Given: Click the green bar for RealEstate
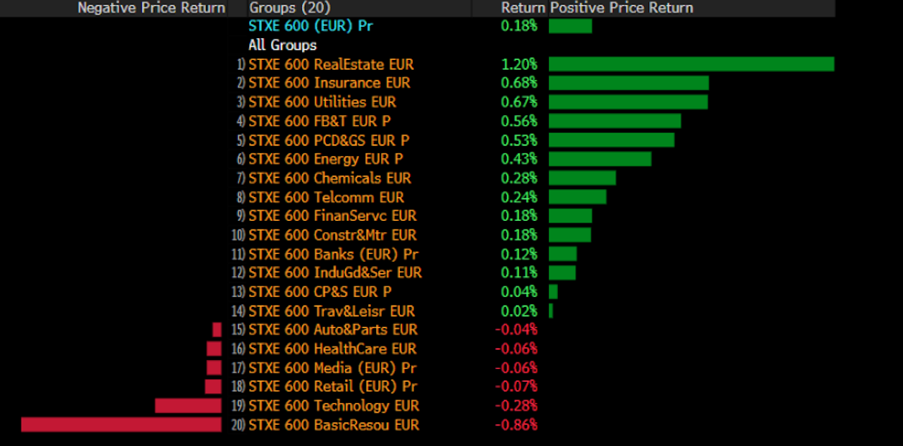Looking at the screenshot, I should click(691, 64).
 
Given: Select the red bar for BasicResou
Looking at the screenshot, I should click(121, 424).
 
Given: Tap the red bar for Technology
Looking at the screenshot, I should click(188, 406).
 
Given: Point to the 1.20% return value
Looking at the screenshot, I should click(519, 64).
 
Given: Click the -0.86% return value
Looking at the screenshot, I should click(516, 425).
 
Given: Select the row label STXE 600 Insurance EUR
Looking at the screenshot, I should click(329, 83).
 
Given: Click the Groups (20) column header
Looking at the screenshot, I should click(289, 8).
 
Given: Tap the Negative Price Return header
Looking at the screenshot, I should click(151, 8).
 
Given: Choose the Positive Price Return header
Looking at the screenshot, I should click(622, 8).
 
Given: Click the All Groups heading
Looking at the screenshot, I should click(282, 45).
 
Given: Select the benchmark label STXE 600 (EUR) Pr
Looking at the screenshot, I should click(310, 26).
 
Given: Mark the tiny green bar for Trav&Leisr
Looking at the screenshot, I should click(551, 311).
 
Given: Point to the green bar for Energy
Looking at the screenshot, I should click(600, 159).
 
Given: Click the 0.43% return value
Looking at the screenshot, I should click(519, 159).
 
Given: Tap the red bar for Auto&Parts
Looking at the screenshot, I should click(217, 330).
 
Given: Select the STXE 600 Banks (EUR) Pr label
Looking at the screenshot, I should click(333, 254).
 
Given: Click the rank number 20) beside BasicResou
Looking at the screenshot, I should click(238, 425).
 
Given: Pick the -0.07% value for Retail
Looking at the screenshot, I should click(516, 387).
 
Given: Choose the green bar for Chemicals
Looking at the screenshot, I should click(582, 179).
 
